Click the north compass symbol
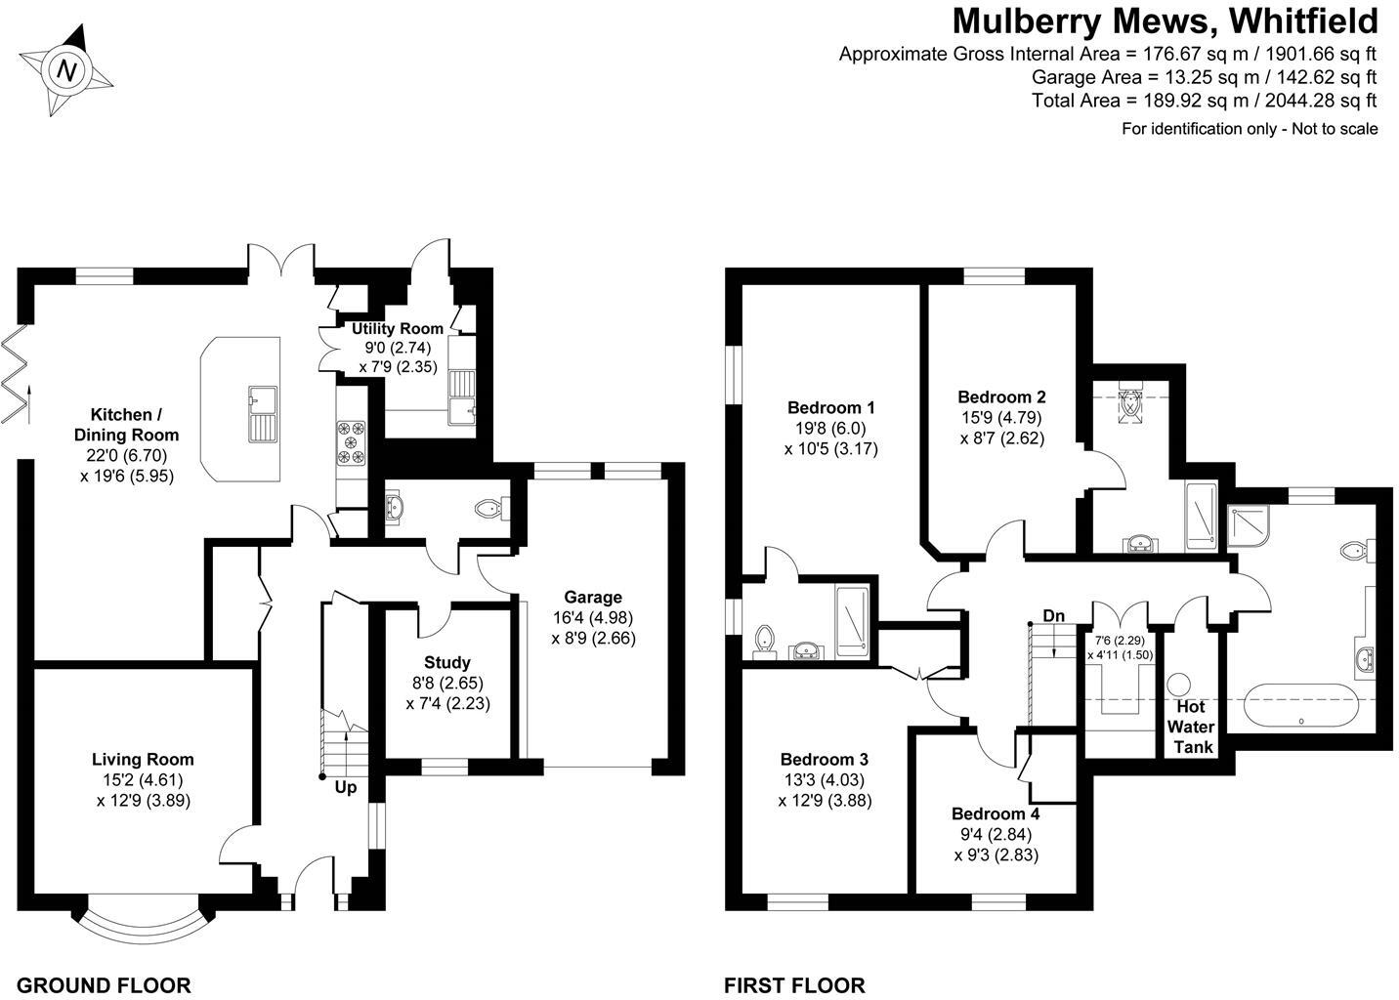coord(66,70)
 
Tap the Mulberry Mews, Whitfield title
coord(1165,21)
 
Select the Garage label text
coord(592,598)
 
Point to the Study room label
coord(447,662)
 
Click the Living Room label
coord(143,759)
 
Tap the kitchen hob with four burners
coord(352,441)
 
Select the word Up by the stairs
coord(346,787)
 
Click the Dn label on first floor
coord(1053,616)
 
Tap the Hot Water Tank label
coord(1191,727)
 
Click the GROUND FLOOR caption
coord(104,984)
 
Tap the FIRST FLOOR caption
coord(794,984)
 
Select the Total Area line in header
coord(1204,101)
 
